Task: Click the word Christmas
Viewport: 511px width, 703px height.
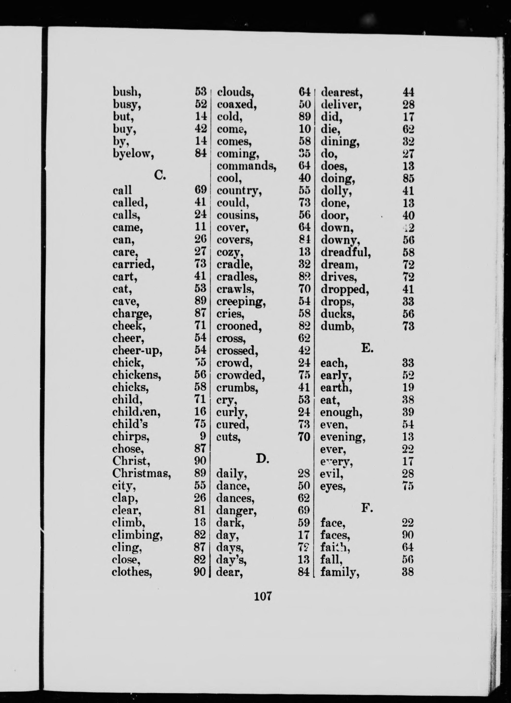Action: pyautogui.click(x=141, y=473)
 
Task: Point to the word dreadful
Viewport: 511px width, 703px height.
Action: pyautogui.click(x=346, y=252)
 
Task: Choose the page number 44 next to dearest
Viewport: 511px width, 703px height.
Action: pyautogui.click(x=408, y=92)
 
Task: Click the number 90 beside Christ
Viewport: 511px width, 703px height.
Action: pyautogui.click(x=200, y=461)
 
